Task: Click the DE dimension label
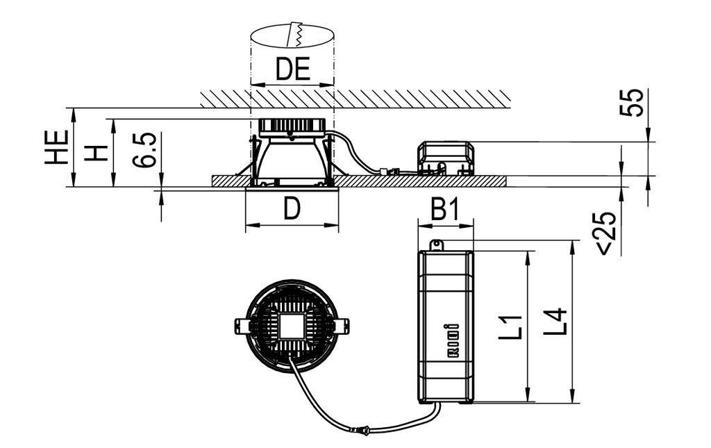pyautogui.click(x=292, y=69)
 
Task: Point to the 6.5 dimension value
pyautogui.click(x=145, y=151)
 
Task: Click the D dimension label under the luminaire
pyautogui.click(x=292, y=209)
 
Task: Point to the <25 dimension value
pyautogui.click(x=605, y=233)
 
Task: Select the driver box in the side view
pyautogui.click(x=446, y=158)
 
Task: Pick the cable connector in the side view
pyautogui.click(x=388, y=169)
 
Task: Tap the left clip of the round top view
pyautogui.click(x=241, y=325)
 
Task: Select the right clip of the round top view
pyautogui.click(x=343, y=325)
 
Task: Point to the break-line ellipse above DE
pyautogui.click(x=292, y=36)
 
